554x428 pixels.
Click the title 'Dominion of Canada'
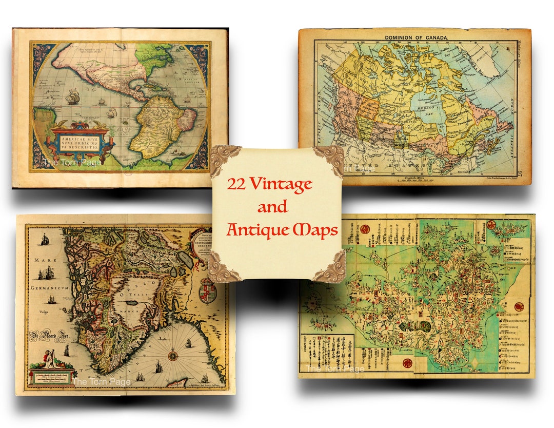[x=416, y=37]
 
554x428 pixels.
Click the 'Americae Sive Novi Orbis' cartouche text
[x=79, y=142]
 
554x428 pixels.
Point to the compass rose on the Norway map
[x=173, y=355]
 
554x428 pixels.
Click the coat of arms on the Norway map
[x=208, y=289]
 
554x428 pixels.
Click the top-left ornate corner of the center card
[x=224, y=158]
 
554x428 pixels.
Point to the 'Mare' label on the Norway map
[x=44, y=261]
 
